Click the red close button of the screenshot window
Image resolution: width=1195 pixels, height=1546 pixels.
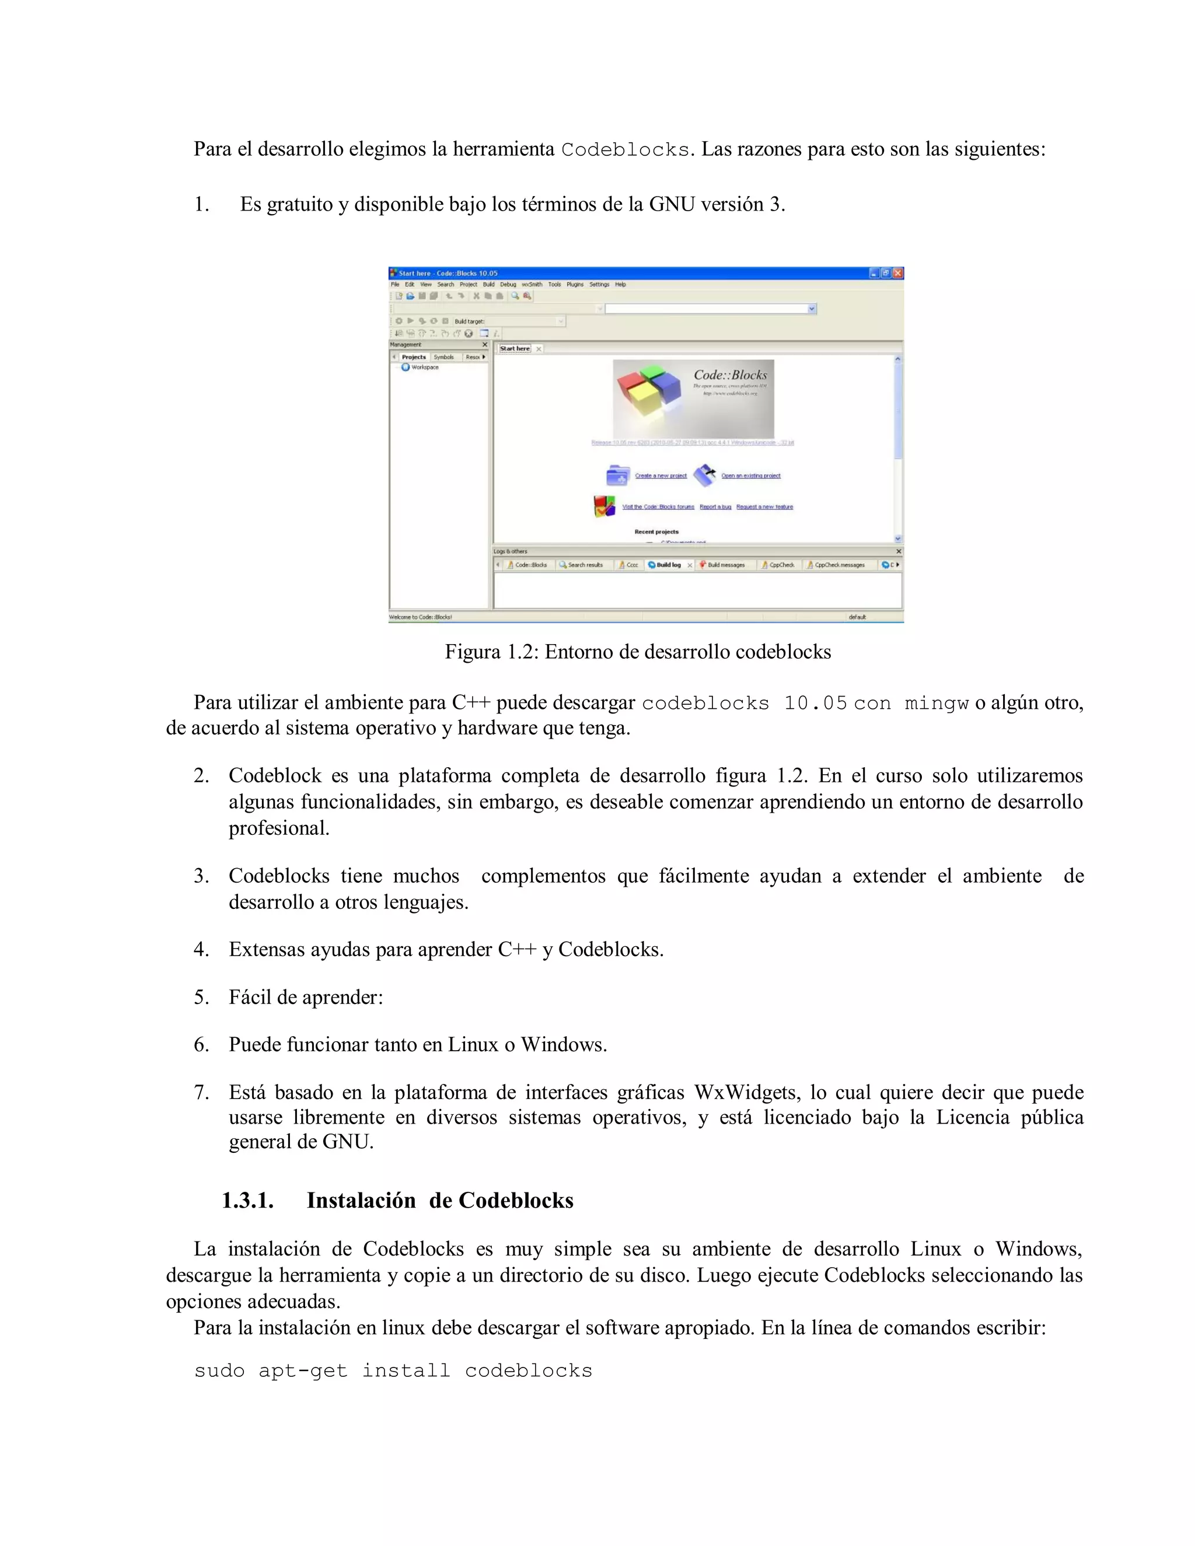897,273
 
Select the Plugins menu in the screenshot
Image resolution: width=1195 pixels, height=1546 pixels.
575,285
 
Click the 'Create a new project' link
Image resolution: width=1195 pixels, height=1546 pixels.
661,475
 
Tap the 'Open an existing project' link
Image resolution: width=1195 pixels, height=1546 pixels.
750,475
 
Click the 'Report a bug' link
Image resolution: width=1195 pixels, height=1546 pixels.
715,507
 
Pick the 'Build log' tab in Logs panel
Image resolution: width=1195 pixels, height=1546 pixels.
668,565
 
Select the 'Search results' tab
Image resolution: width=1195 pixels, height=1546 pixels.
585,565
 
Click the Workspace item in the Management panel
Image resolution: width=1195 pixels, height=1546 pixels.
425,368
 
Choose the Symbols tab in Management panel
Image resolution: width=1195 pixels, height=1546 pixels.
444,358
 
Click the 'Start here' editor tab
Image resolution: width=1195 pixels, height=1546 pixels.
515,348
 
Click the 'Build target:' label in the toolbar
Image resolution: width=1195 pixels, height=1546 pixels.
469,321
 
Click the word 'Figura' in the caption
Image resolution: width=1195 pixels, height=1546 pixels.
472,651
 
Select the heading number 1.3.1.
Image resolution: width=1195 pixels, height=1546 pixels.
247,1201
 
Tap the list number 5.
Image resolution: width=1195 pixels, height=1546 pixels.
201,998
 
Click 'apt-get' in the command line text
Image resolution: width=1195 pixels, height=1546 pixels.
303,1370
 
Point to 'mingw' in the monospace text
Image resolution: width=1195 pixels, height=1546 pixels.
937,703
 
